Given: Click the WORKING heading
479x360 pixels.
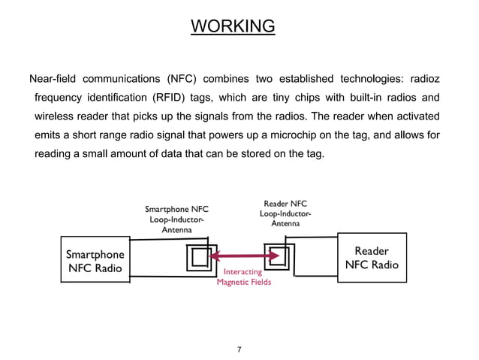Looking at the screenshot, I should [233, 27].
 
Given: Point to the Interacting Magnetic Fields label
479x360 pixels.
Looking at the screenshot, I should [243, 277].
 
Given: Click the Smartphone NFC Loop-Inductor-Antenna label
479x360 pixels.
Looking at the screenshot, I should [176, 219].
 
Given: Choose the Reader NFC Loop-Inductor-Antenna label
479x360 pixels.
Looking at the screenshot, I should [285, 213].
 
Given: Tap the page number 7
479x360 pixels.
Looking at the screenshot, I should [239, 350].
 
